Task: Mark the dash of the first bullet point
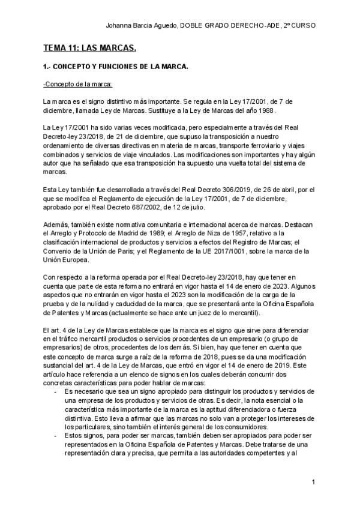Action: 55,375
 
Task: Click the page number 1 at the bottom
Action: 313,482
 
